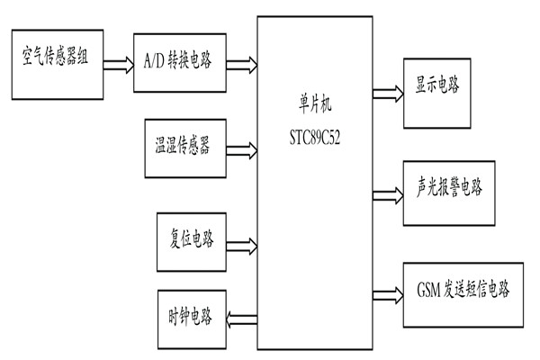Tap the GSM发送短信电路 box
[462, 291]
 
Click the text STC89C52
[314, 140]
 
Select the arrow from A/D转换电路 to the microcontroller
[240, 64]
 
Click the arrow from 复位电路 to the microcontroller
[240, 243]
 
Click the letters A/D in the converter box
[155, 64]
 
